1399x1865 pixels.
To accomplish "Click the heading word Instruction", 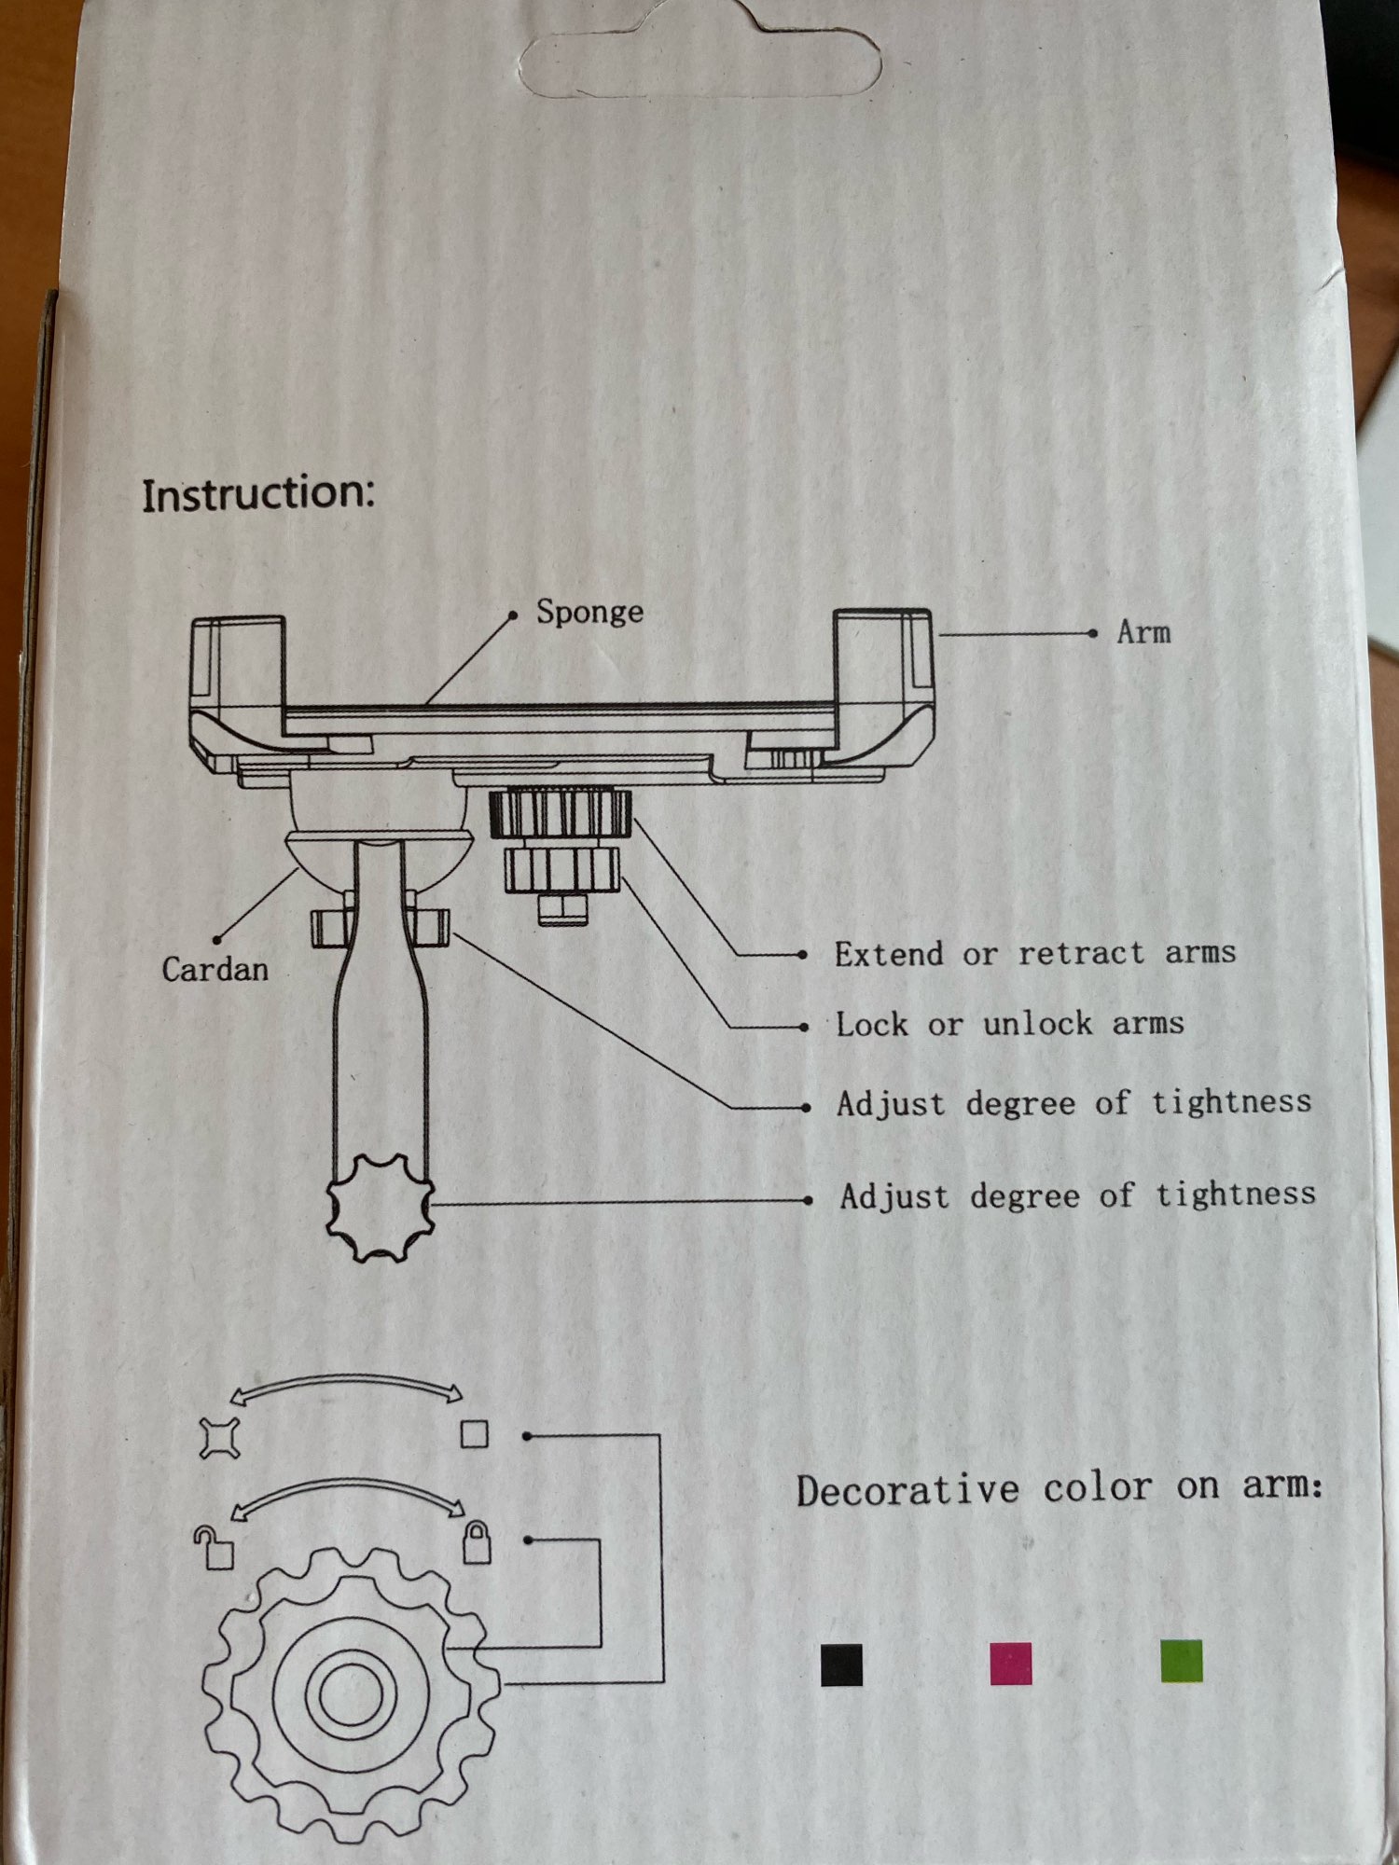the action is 258,492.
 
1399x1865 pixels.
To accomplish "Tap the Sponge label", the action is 589,613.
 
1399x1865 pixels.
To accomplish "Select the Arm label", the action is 1143,632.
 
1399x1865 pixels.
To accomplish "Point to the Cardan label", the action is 215,969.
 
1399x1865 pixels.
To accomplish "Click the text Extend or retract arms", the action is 1035,953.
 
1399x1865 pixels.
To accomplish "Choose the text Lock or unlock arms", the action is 1010,1024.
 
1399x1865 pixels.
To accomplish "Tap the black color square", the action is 841,1665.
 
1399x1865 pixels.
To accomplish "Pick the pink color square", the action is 1011,1664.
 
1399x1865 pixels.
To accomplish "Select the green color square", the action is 1182,1661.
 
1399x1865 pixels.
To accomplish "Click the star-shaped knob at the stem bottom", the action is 381,1207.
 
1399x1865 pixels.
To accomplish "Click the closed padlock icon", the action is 477,1542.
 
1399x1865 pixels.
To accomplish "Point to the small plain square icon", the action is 475,1434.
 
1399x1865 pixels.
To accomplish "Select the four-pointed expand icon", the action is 219,1438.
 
